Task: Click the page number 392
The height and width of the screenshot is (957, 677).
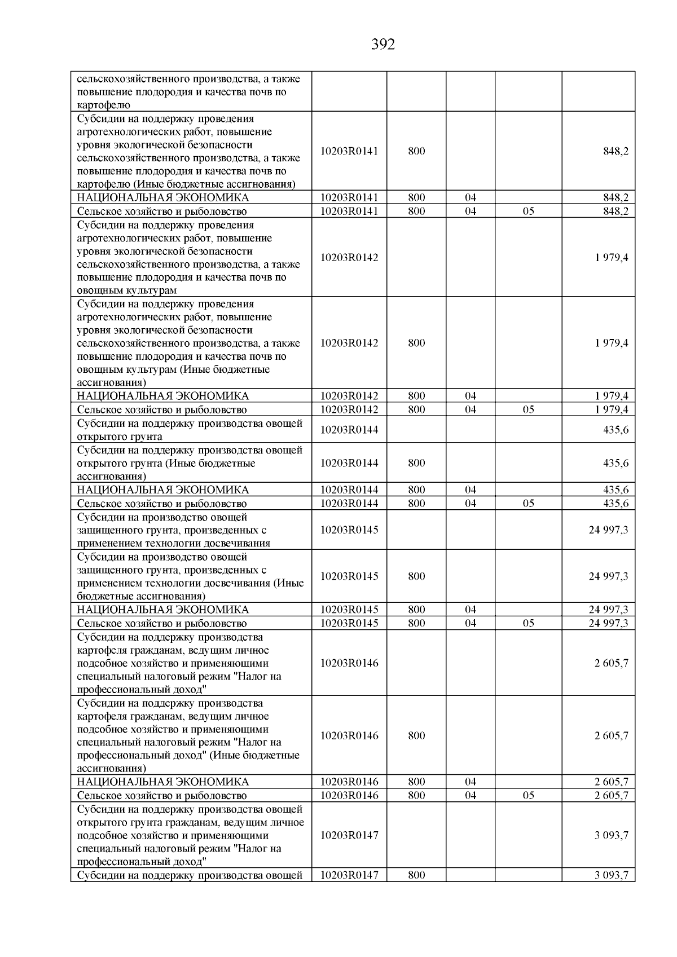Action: click(x=383, y=45)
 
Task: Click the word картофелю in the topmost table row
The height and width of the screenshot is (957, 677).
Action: click(x=103, y=105)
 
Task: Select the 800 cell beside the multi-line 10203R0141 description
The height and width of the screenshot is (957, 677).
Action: click(x=416, y=151)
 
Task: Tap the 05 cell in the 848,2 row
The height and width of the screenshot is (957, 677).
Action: click(x=528, y=211)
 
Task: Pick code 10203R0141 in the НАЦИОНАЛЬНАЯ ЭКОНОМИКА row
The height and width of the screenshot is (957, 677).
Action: click(x=349, y=198)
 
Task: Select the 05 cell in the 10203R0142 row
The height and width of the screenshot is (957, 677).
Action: click(x=528, y=410)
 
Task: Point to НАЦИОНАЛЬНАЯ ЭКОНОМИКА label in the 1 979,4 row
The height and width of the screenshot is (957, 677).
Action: click(x=162, y=396)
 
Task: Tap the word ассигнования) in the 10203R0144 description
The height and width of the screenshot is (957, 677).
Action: click(x=111, y=477)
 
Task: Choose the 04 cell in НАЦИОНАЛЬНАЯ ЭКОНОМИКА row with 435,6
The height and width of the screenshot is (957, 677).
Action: click(x=471, y=490)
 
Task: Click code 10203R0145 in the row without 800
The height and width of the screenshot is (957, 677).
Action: click(x=349, y=530)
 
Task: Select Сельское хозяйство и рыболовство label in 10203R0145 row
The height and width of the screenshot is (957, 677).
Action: click(x=162, y=624)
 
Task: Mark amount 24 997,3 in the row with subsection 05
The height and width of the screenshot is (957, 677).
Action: click(x=608, y=624)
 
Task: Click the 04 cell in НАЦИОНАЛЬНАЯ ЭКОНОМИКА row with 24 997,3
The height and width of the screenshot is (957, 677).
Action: click(x=471, y=610)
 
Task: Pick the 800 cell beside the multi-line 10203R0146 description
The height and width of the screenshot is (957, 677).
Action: click(x=416, y=736)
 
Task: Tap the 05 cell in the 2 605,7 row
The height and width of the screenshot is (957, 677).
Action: click(x=528, y=796)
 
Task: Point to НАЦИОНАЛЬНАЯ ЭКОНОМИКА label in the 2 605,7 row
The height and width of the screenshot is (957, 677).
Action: click(x=162, y=782)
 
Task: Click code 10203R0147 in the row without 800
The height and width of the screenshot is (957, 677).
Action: click(x=349, y=836)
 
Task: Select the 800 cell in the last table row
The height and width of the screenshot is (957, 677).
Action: click(x=416, y=876)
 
